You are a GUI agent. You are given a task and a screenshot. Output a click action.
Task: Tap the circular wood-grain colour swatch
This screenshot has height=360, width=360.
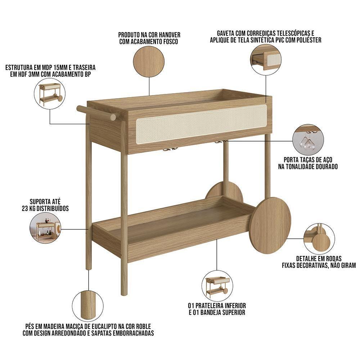(149, 62)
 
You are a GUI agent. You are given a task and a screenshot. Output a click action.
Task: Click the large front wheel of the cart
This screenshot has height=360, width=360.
(270, 225)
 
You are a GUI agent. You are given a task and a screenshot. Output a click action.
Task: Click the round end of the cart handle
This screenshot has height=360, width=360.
(113, 117)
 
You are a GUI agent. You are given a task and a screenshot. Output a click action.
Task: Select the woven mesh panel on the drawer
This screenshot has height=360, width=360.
(201, 124)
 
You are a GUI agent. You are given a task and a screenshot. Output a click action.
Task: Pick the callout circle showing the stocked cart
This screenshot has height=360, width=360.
(45, 228)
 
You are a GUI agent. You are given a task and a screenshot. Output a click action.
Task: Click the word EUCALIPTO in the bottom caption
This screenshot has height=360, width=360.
(104, 326)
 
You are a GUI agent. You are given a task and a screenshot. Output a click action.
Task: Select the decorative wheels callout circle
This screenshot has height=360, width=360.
(319, 239)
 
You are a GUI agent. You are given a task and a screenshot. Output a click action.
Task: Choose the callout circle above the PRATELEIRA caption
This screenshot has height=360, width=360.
(217, 286)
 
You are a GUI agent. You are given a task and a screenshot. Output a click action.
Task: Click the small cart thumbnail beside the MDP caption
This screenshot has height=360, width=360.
(50, 94)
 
